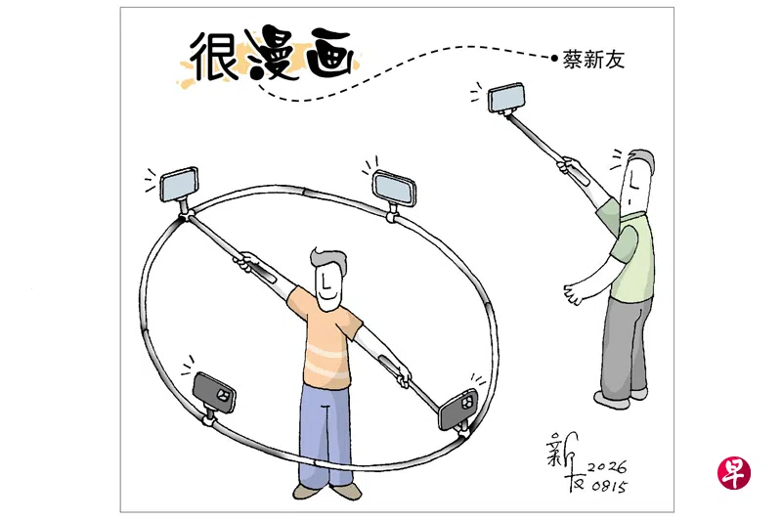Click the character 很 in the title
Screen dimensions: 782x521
click(x=214, y=56)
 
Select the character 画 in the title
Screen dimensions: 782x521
click(x=330, y=54)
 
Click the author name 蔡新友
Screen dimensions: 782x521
click(x=593, y=60)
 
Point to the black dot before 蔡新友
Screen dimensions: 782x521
click(x=554, y=58)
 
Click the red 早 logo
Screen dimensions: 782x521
click(x=734, y=472)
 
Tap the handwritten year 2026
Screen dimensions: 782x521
click(x=607, y=467)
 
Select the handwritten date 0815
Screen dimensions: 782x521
click(x=609, y=486)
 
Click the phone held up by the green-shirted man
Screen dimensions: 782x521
click(x=506, y=97)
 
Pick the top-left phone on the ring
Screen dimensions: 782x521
click(x=179, y=184)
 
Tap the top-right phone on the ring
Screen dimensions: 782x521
click(x=394, y=188)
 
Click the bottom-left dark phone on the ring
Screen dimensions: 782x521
click(x=214, y=392)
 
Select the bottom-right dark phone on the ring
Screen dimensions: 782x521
click(x=457, y=409)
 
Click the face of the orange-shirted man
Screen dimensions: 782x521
click(x=328, y=286)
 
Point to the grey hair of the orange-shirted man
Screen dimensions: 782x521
click(x=329, y=259)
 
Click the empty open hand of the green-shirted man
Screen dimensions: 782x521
click(x=574, y=293)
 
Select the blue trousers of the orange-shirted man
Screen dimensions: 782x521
click(x=326, y=435)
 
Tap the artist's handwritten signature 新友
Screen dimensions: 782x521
click(x=566, y=461)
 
